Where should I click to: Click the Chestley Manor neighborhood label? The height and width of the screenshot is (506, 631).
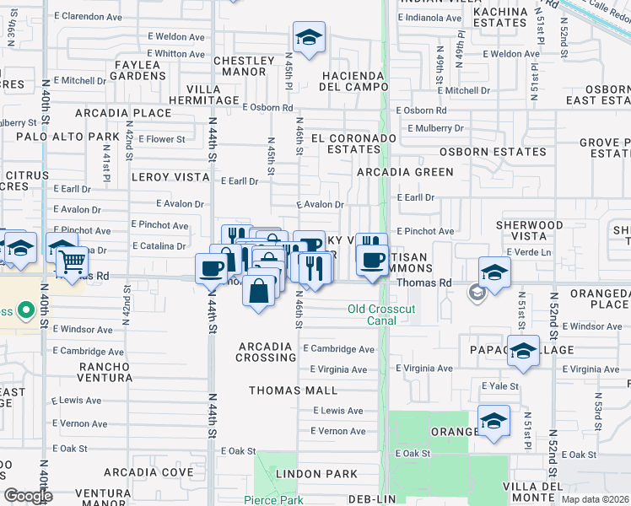[x=244, y=66]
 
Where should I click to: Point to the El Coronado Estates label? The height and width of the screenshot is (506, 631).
[x=348, y=143]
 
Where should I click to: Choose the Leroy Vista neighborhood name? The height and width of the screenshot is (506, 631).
[x=170, y=177]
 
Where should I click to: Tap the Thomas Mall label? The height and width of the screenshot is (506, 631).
[x=293, y=390]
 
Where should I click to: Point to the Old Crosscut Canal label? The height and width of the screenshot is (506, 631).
[x=382, y=315]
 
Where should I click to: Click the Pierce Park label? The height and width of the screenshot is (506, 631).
[x=272, y=499]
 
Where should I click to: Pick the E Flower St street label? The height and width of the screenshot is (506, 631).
[x=161, y=139]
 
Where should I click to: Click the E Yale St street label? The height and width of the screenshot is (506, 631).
[x=498, y=385]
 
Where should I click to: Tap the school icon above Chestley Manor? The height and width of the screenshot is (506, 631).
[x=309, y=38]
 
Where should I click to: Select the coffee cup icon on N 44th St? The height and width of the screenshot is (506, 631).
[x=211, y=269]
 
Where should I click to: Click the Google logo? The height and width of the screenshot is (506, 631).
[x=28, y=496]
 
